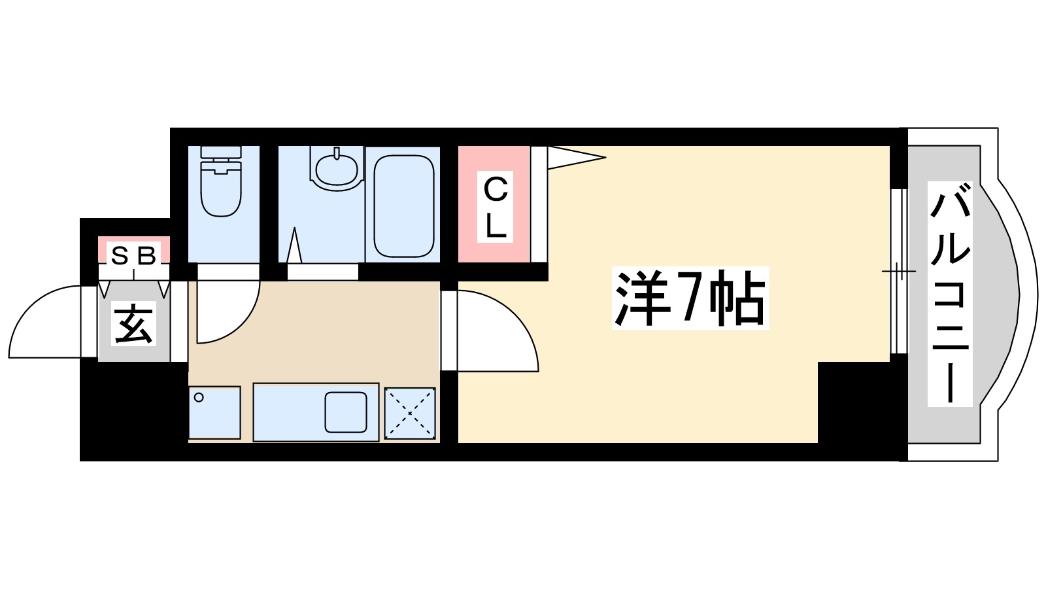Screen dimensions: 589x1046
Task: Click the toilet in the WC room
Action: (221, 190)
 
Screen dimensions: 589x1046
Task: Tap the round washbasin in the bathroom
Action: (337, 169)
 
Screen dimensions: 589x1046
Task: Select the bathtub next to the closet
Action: (403, 205)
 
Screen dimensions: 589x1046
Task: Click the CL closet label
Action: (495, 206)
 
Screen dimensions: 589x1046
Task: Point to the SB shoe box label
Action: (133, 255)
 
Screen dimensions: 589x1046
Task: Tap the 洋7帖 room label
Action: (690, 298)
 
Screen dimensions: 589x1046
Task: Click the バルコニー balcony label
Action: (950, 294)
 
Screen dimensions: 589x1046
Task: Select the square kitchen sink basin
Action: (346, 412)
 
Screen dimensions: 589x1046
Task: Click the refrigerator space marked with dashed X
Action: (409, 413)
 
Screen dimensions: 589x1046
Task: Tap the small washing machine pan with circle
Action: (214, 413)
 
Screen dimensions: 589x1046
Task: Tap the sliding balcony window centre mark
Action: (900, 271)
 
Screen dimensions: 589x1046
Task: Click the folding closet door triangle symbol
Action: (575, 158)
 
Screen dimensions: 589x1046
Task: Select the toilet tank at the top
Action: (221, 152)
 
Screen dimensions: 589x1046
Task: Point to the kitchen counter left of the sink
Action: (288, 412)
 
